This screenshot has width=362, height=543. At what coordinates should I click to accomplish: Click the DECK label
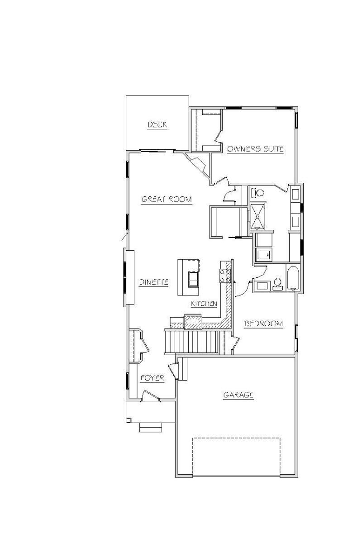click(157, 124)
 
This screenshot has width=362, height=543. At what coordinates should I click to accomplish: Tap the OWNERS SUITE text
click(255, 148)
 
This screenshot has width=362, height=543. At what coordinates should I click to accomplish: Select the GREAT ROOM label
click(167, 199)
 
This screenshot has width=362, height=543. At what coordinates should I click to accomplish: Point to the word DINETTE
click(154, 282)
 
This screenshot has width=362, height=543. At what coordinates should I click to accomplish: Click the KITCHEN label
click(204, 304)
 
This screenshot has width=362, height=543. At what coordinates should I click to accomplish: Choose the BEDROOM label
click(263, 324)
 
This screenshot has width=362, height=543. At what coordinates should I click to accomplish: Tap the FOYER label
click(152, 378)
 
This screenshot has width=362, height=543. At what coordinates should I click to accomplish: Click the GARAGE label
click(238, 395)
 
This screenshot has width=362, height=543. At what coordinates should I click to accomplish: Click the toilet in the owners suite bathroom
click(257, 193)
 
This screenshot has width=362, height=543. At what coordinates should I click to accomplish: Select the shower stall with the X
click(257, 216)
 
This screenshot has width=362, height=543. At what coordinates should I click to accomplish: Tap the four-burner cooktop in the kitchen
click(225, 276)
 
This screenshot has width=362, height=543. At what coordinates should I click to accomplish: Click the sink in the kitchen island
click(194, 280)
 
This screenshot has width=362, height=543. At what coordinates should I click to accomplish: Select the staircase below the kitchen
click(191, 342)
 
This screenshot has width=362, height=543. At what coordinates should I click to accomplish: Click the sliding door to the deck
click(153, 152)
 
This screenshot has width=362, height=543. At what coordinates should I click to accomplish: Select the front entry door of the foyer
click(150, 395)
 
